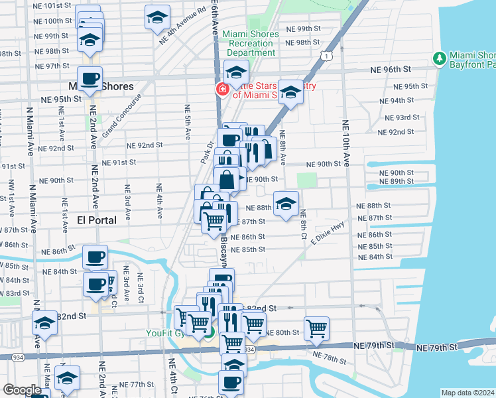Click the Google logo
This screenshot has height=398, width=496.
click(x=21, y=390)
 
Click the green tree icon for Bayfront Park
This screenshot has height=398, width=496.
click(x=439, y=58)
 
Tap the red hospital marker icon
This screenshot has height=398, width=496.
click(x=220, y=90)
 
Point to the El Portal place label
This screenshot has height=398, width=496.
click(x=96, y=220)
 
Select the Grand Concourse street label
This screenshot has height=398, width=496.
click(x=122, y=116)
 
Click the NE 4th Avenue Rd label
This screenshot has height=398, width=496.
click(x=182, y=27)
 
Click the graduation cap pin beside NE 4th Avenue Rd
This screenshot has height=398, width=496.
click(x=156, y=17)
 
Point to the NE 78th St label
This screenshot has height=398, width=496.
click(x=331, y=359)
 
